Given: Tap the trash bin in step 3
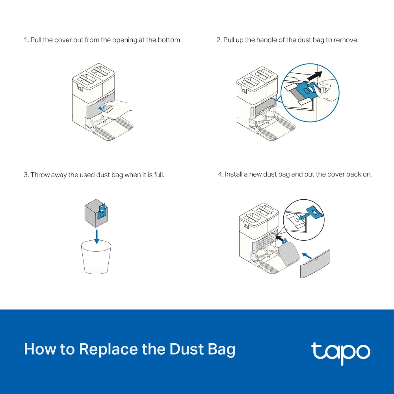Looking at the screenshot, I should [96, 258].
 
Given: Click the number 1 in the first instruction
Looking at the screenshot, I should [25, 40].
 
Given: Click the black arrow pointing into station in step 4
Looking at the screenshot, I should [279, 237].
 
